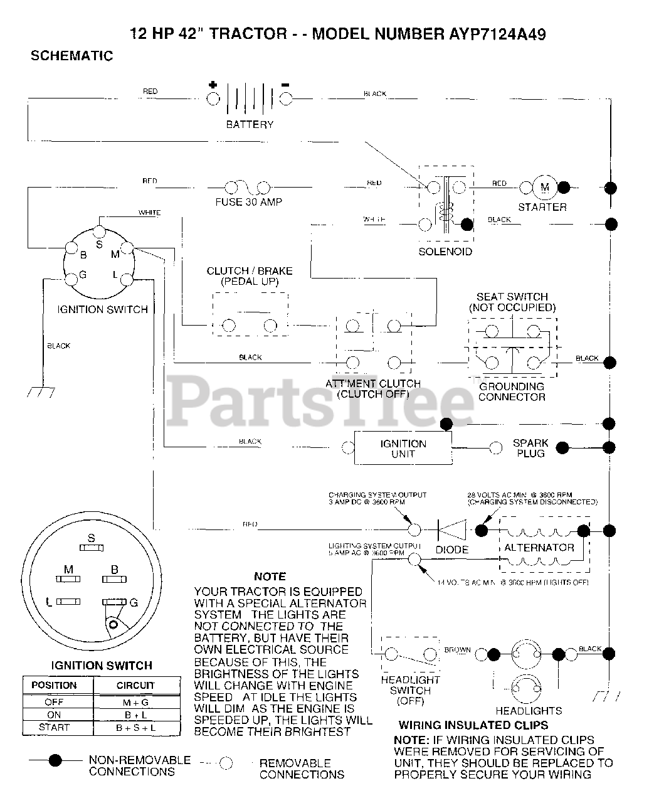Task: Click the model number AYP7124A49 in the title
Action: (x=489, y=34)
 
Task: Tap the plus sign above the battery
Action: (x=213, y=85)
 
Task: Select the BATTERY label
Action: (x=250, y=124)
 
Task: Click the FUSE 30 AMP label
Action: (x=248, y=202)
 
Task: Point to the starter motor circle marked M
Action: (x=544, y=187)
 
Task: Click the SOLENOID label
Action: (x=446, y=252)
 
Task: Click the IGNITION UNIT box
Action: (x=403, y=448)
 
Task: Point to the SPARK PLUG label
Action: (x=530, y=448)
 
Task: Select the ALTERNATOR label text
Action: (x=539, y=548)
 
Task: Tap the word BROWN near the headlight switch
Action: (x=457, y=650)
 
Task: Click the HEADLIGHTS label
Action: (x=529, y=711)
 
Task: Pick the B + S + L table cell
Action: (x=135, y=728)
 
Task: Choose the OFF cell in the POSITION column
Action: (x=54, y=702)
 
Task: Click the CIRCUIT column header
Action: (x=135, y=685)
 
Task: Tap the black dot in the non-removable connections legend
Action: (x=56, y=760)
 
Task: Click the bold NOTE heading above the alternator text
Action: (x=270, y=576)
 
